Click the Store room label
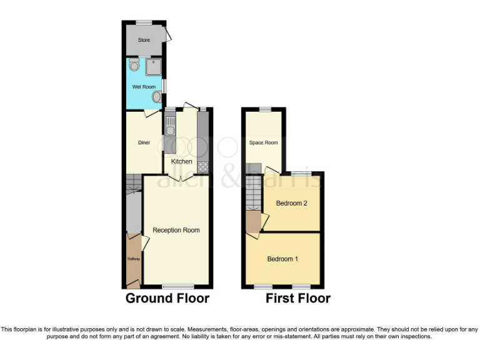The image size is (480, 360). (x=144, y=40)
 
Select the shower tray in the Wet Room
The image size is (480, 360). (x=154, y=66)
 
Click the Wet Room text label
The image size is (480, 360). (x=144, y=87)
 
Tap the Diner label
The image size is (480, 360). (x=144, y=142)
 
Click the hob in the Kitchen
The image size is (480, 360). (x=202, y=166)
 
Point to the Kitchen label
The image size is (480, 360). (x=182, y=161)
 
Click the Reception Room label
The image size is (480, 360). (x=176, y=230)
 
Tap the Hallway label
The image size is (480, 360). (x=134, y=259)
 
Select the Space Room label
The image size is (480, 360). (x=263, y=142)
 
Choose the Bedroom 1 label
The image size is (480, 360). (x=283, y=259)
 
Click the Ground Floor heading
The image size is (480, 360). (x=167, y=298)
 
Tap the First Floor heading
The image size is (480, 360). (x=297, y=298)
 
